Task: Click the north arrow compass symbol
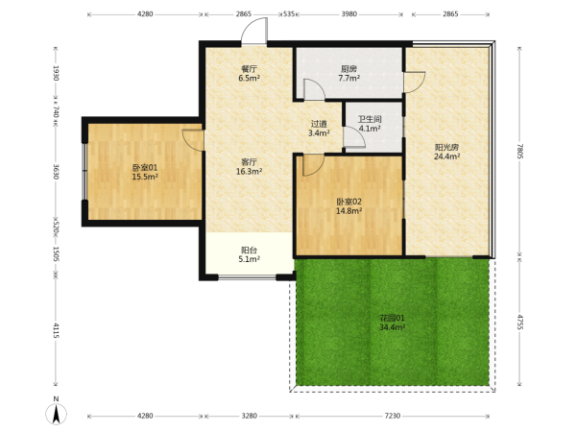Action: pyautogui.click(x=57, y=413)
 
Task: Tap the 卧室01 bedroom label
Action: pyautogui.click(x=145, y=168)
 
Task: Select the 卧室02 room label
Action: pyautogui.click(x=349, y=202)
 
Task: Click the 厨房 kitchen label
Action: pyautogui.click(x=349, y=69)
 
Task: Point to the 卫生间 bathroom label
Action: pyautogui.click(x=370, y=119)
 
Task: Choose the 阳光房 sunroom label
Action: pyautogui.click(x=447, y=147)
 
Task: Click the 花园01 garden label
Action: pyautogui.click(x=392, y=318)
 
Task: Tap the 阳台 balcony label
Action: pyautogui.click(x=249, y=250)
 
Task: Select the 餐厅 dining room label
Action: pyautogui.click(x=249, y=69)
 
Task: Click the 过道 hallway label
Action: pyautogui.click(x=319, y=124)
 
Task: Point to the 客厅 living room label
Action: pyautogui.click(x=249, y=162)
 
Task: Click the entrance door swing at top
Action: pyautogui.click(x=253, y=31)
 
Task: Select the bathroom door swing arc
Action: pyautogui.click(x=354, y=136)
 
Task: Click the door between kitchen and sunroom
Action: pyautogui.click(x=415, y=82)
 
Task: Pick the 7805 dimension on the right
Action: pyautogui.click(x=519, y=151)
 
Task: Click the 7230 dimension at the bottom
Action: pyautogui.click(x=392, y=416)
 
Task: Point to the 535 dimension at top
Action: pyautogui.click(x=289, y=14)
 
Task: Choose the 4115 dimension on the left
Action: pyautogui.click(x=56, y=330)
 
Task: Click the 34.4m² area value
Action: pyautogui.click(x=392, y=327)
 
